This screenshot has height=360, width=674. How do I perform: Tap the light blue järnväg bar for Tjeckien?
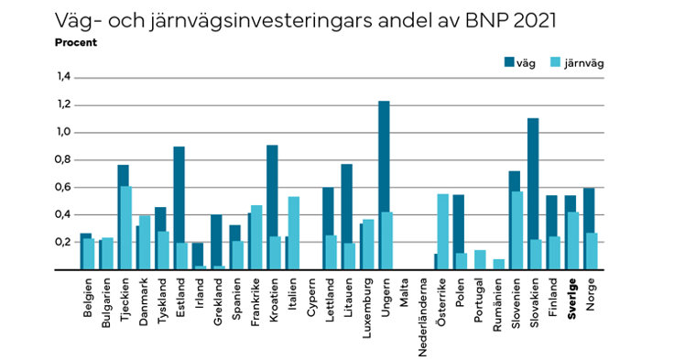coord(125,228)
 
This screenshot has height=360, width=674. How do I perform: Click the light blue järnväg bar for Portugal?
coord(480,259)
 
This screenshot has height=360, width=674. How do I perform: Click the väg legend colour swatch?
coord(510,63)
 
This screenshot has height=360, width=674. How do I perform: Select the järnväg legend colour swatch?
coord(557,63)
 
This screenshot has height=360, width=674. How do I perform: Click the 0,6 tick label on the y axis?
coord(63,187)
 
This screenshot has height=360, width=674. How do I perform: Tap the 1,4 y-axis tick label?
coord(63,77)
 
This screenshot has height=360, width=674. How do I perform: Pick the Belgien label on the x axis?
coord(88,298)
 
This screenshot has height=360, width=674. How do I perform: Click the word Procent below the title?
coord(76,42)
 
